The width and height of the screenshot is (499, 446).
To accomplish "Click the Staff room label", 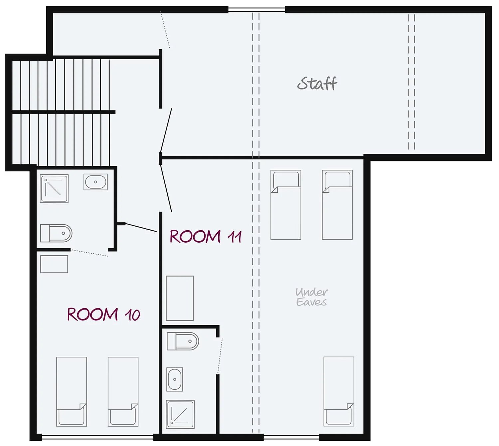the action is (x=317, y=84).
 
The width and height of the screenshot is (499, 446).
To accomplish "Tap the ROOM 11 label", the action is (x=206, y=237).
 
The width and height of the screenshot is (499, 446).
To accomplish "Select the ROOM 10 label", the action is (x=104, y=315).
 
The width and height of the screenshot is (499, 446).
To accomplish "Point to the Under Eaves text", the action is (x=312, y=297).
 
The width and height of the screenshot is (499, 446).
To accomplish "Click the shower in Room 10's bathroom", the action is (x=54, y=189).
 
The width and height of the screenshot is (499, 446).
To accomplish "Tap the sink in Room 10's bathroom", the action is (x=95, y=182).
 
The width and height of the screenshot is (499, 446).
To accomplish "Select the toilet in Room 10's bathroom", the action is (x=56, y=233).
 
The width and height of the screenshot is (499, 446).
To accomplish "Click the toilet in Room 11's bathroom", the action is (x=183, y=341).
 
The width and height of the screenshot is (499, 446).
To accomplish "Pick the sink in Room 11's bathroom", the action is (x=175, y=379).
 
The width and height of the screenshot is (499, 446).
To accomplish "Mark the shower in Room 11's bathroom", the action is (x=180, y=414).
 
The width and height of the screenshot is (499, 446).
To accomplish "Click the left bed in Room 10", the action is (x=72, y=391).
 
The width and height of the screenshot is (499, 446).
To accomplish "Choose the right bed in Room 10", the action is (x=123, y=391).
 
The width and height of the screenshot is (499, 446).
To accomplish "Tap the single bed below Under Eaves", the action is (x=339, y=391).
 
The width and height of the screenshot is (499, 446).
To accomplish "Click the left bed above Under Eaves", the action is (x=286, y=205).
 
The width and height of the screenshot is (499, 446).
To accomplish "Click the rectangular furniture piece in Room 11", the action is (x=180, y=299).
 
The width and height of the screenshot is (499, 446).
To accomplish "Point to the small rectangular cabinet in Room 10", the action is (x=54, y=264).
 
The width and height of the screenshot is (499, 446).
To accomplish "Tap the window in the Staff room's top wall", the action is (x=256, y=10).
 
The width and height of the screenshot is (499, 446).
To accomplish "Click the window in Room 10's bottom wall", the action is (x=97, y=437).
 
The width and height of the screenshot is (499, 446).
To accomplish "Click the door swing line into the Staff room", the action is (x=166, y=130).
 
